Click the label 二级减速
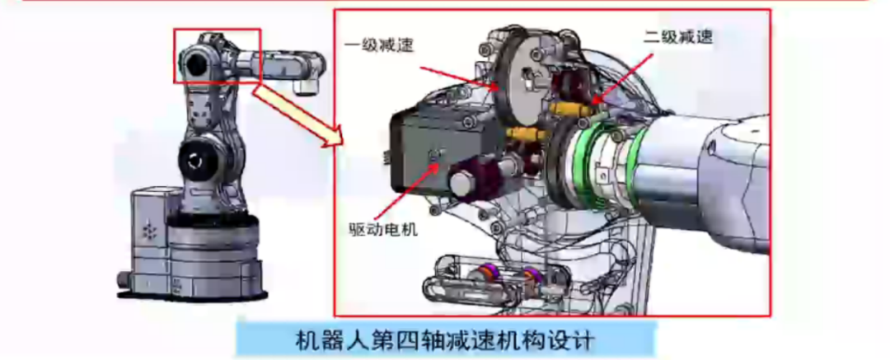677,36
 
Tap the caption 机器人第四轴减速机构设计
444,339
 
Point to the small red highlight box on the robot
217,55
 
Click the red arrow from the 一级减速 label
461,70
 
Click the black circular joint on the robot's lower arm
197,160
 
